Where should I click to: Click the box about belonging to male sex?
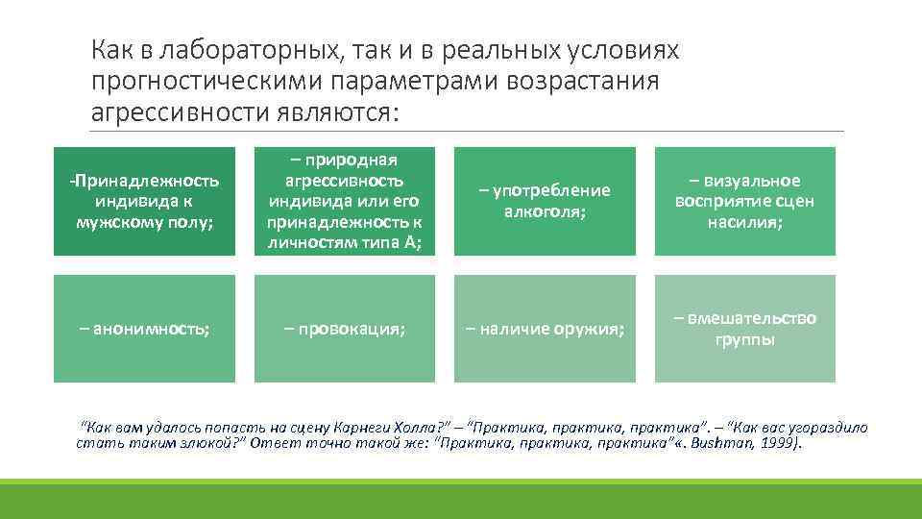pyautogui.click(x=144, y=201)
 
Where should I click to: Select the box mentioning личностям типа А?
pyautogui.click(x=345, y=201)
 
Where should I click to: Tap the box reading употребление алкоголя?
pyautogui.click(x=545, y=201)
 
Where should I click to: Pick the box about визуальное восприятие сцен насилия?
pyautogui.click(x=745, y=201)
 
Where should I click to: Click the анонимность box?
pyautogui.click(x=144, y=329)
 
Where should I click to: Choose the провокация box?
pyautogui.click(x=345, y=329)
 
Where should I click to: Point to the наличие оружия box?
pyautogui.click(x=545, y=329)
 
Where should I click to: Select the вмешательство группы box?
pyautogui.click(x=745, y=329)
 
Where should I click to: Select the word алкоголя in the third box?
pyautogui.click(x=544, y=210)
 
